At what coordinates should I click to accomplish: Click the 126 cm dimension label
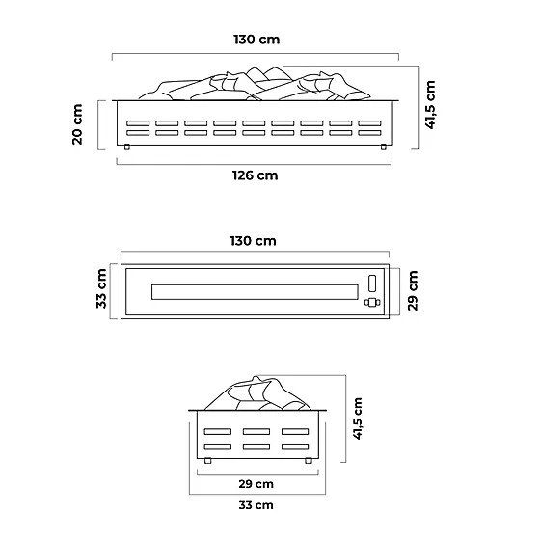coord(256,175)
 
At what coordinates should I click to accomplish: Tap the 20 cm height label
coord(78,124)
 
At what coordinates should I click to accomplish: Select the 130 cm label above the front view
coord(256,40)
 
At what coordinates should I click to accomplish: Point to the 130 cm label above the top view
coord(253,241)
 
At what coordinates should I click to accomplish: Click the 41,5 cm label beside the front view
coord(430,105)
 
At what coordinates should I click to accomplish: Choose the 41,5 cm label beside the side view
coord(358,418)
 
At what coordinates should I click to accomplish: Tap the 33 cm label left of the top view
coord(101,288)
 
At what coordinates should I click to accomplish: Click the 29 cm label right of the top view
coord(413,290)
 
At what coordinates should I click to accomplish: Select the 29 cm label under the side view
coord(256,484)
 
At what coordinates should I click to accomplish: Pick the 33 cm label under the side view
coord(256,505)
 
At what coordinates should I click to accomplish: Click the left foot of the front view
coord(127,147)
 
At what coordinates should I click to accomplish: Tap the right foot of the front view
coord(384,147)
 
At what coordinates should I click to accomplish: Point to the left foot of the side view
coord(207,461)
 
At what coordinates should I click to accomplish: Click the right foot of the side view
coord(309,461)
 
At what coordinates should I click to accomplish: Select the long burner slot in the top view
coord(255,292)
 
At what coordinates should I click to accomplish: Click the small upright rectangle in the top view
coord(372,283)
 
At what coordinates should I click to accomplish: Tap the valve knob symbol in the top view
coord(372,303)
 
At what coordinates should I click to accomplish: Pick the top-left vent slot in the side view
coord(218,432)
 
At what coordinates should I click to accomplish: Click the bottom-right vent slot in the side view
coord(295,446)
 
